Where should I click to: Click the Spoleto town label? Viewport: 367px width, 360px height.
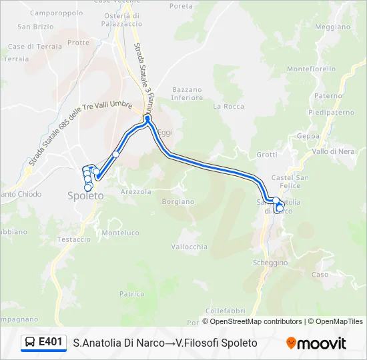[85, 196]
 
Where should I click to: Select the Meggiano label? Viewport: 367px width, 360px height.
[332, 27]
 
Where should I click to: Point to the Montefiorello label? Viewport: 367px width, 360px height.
[312, 69]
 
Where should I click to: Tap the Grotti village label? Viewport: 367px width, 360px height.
[266, 155]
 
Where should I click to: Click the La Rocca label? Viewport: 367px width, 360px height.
[229, 106]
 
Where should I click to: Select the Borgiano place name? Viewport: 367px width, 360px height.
[177, 201]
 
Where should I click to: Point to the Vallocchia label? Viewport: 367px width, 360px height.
[190, 247]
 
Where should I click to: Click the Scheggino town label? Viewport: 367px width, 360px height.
[270, 263]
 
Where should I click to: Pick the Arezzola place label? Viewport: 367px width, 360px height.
[136, 191]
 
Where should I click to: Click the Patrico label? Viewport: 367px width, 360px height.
[131, 293]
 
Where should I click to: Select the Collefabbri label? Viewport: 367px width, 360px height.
[226, 311]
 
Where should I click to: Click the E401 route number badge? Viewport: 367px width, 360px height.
[51, 342]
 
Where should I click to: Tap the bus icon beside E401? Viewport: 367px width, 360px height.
[30, 343]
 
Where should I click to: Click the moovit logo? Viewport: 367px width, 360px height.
[316, 343]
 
